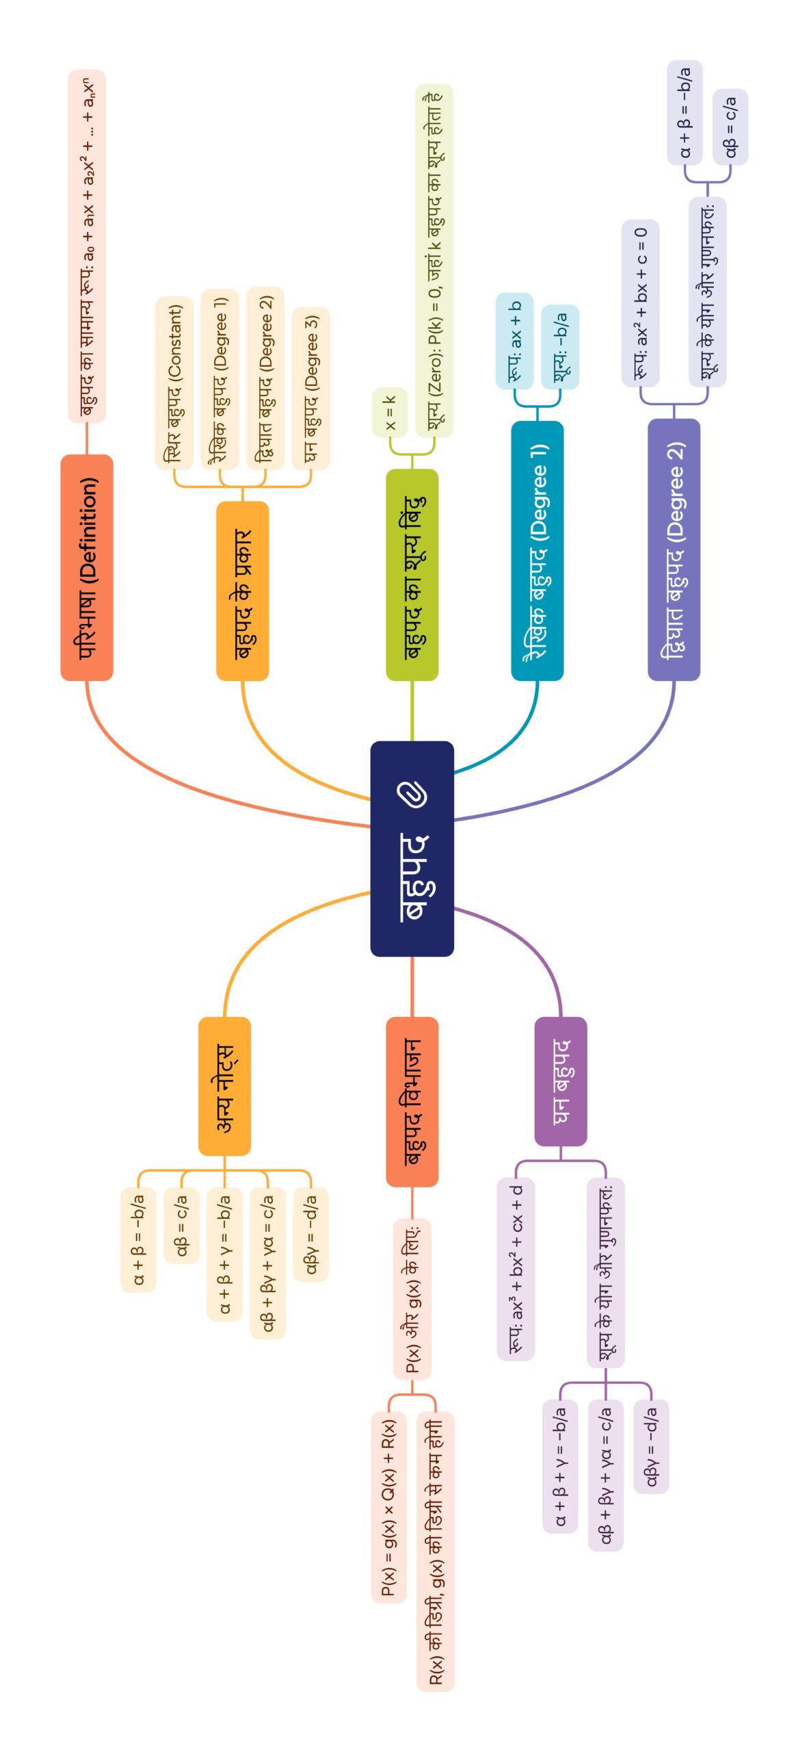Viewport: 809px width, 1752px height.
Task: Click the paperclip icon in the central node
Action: [x=412, y=794]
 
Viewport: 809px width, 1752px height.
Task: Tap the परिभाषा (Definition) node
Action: [x=87, y=567]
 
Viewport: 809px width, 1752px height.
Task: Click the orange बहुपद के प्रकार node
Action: [x=242, y=591]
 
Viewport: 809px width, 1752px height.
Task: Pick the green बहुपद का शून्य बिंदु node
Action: [x=412, y=575]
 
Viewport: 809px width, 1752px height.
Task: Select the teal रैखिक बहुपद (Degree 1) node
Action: [x=537, y=551]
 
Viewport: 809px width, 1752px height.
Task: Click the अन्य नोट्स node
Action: [x=224, y=1087]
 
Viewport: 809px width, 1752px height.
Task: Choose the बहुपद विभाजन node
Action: [x=412, y=1102]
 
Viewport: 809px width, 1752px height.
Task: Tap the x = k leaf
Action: [x=390, y=413]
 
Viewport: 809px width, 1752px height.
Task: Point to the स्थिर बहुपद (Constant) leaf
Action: [x=174, y=383]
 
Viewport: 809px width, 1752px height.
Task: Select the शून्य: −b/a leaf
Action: [x=560, y=347]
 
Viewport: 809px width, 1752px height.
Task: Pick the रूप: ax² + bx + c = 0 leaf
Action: [x=640, y=303]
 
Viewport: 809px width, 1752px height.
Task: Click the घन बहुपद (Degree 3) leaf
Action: [x=311, y=388]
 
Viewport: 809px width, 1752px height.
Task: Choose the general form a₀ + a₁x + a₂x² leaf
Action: [x=87, y=246]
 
